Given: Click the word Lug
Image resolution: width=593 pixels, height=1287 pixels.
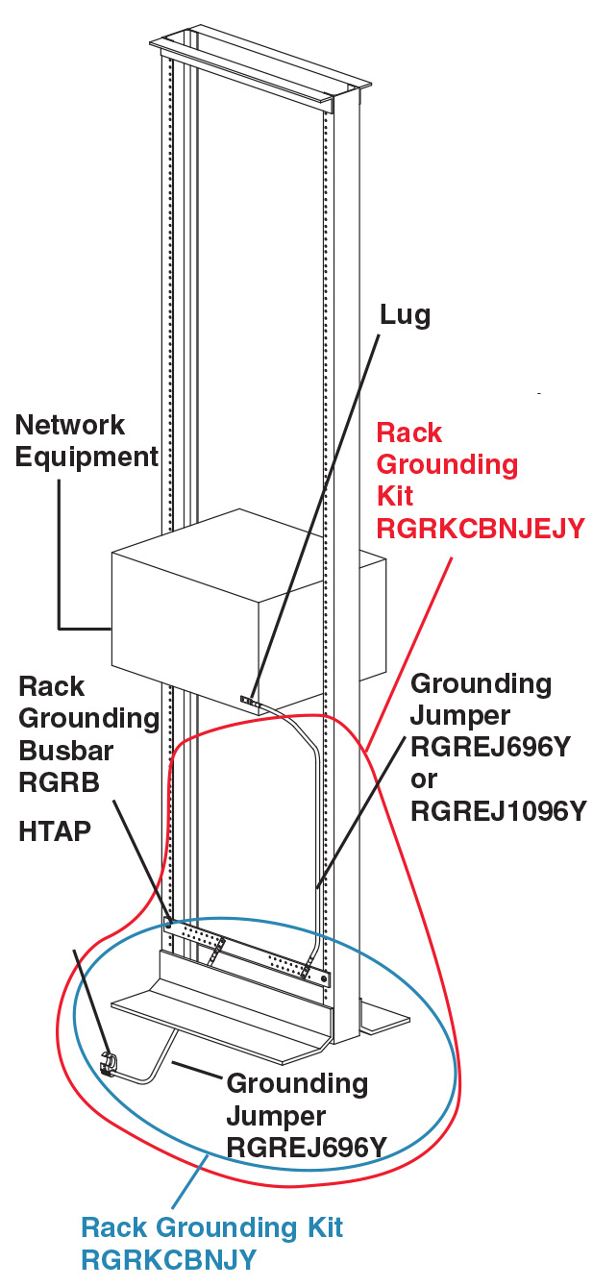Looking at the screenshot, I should pos(405,314).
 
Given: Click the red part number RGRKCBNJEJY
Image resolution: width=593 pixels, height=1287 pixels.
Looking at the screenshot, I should pos(480,528).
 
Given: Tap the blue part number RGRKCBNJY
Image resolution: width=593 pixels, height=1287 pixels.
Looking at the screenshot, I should pos(168,1259).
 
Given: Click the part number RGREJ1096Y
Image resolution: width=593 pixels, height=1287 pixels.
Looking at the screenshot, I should pos(498,810).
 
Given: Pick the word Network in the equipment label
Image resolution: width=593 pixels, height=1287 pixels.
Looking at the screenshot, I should pos(70,425).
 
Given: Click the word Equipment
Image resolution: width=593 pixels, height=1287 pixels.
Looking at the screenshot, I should pos(86,457).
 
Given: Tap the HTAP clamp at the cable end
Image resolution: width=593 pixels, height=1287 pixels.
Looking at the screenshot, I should pos(109,1064).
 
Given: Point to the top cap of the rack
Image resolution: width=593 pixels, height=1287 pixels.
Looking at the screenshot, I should pos(259,67).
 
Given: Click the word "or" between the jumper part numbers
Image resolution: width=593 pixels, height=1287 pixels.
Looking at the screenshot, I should pos(424,779).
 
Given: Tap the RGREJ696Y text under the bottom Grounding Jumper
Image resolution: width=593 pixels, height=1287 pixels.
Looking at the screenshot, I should pos(306,1147).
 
